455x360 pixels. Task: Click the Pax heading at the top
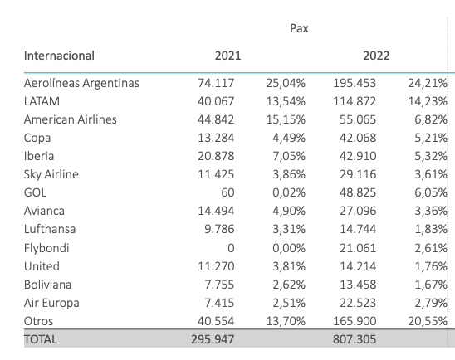click(299, 28)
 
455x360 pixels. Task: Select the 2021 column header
click(227, 56)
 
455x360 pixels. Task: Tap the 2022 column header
click(376, 56)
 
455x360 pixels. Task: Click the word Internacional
click(59, 56)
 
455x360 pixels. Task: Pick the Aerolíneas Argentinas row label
click(81, 83)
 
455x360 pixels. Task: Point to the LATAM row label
click(42, 101)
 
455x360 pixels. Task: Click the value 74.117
click(216, 83)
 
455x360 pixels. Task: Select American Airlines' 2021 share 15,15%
click(286, 119)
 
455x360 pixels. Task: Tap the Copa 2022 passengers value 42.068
click(358, 138)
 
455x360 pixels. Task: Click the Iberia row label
click(39, 156)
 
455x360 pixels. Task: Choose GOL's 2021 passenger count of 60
click(227, 192)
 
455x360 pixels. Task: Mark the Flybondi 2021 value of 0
click(231, 248)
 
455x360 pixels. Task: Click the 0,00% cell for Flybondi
click(289, 248)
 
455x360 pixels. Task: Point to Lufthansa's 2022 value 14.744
click(358, 229)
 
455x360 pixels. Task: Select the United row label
click(42, 266)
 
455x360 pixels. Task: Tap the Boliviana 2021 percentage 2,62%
click(289, 285)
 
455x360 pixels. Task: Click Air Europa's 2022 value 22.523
click(358, 303)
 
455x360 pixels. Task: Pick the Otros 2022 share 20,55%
click(428, 321)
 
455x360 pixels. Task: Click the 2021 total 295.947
click(213, 339)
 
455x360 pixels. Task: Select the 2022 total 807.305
click(355, 339)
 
